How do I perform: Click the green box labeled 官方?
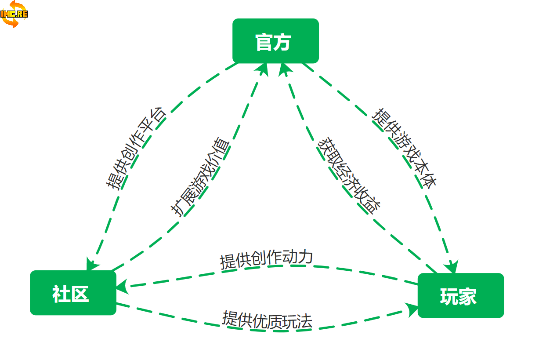coord(275,41)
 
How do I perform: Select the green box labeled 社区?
coord(73,293)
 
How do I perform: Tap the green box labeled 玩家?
coord(460,295)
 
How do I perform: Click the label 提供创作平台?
coord(136,148)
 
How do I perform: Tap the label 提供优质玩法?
coord(267,320)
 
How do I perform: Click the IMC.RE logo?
coord(14,14)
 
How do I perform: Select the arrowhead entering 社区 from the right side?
coord(123,286)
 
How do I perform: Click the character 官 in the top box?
coord(264,42)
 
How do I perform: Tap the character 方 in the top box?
coord(283,42)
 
